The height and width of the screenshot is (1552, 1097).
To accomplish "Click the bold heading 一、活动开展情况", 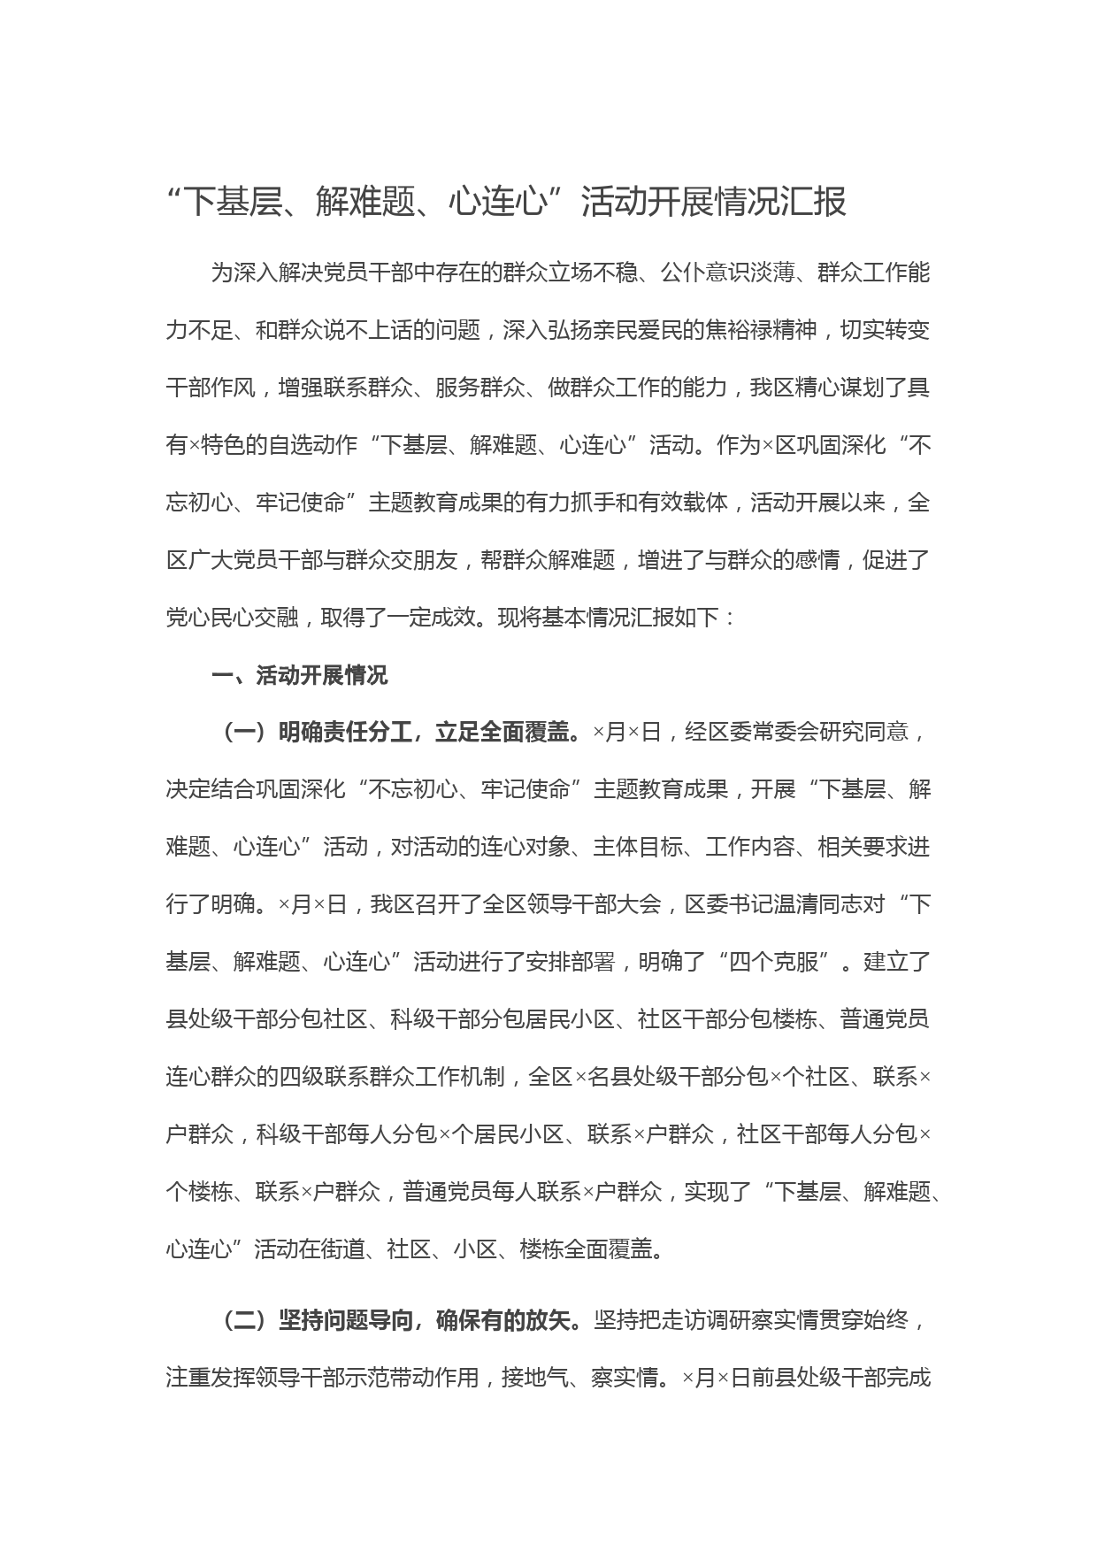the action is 299,676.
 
